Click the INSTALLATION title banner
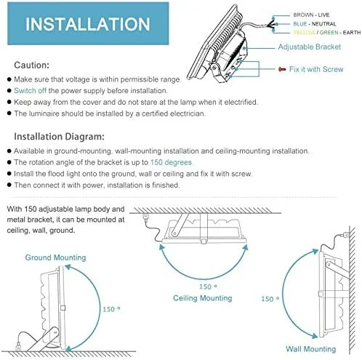click(x=88, y=24)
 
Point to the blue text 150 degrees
click(x=172, y=162)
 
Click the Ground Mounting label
click(x=55, y=257)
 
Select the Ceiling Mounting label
click(x=202, y=297)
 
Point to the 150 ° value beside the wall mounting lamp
click(x=270, y=298)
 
